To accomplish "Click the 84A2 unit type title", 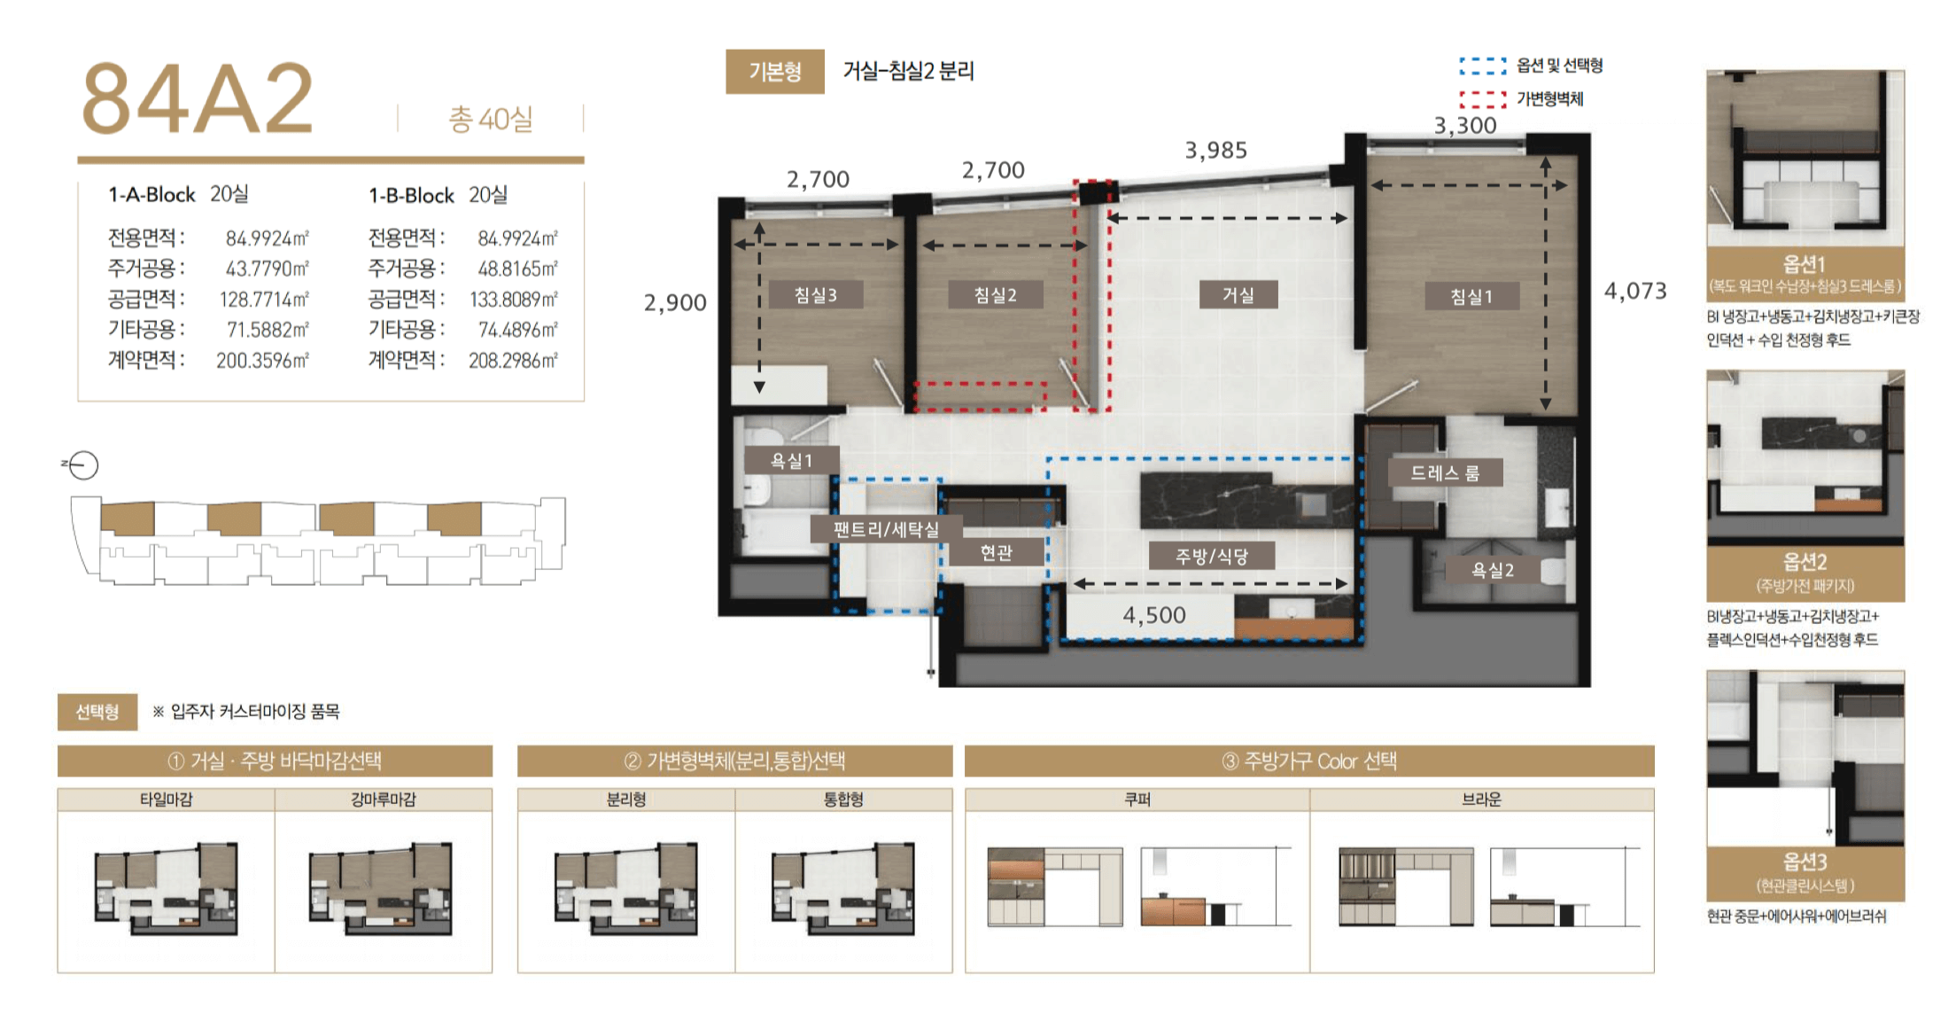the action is (x=198, y=98).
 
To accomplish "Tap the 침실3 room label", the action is (x=815, y=295).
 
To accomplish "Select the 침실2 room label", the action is (x=995, y=295).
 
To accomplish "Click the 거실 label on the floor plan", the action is (x=1238, y=295).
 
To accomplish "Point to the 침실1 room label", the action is (x=1471, y=296).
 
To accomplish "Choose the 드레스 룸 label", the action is (x=1445, y=473).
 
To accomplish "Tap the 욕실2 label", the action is (x=1493, y=570).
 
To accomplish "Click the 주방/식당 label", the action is (x=1211, y=556).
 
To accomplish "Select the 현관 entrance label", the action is (x=996, y=552).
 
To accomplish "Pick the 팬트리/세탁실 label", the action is (x=885, y=529).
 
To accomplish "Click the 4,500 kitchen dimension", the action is (x=1154, y=615).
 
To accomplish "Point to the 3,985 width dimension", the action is (x=1216, y=151).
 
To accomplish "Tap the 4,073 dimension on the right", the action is (x=1635, y=291).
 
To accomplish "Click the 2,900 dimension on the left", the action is (x=675, y=303).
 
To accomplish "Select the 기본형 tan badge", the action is (x=775, y=71).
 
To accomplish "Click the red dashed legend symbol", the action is (x=1483, y=99).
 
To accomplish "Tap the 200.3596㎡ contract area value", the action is (x=262, y=361).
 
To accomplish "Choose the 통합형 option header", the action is (x=843, y=799).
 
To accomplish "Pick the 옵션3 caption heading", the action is (x=1805, y=862).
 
